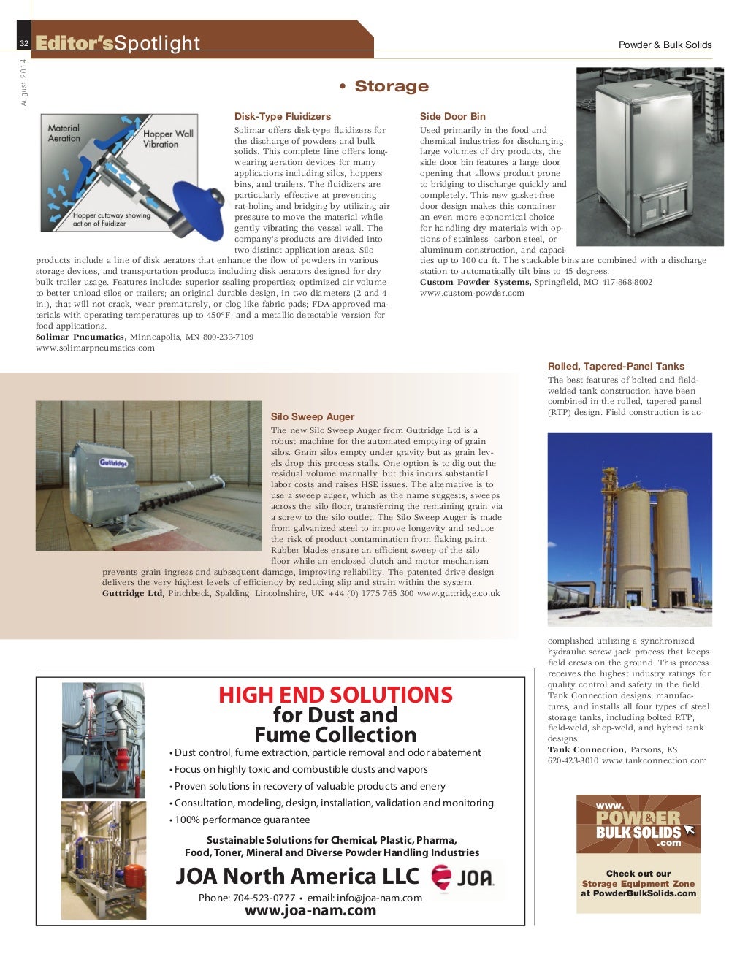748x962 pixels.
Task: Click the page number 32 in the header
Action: point(24,44)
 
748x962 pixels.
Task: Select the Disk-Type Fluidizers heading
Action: point(282,116)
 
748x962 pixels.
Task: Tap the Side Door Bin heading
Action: point(452,116)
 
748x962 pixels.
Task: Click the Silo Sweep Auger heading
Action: point(312,416)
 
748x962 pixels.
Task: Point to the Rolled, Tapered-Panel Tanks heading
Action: point(616,366)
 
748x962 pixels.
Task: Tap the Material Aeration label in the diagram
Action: point(64,133)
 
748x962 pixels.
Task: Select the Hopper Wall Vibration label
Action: point(167,139)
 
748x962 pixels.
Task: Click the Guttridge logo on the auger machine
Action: point(113,463)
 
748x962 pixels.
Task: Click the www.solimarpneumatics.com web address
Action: point(95,348)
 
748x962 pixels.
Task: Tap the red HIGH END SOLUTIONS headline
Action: point(335,695)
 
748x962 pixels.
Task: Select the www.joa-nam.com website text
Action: point(310,910)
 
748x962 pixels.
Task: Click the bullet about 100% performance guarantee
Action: point(242,820)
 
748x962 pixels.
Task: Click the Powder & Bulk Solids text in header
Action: point(665,45)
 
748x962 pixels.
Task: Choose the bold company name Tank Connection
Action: point(587,749)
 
